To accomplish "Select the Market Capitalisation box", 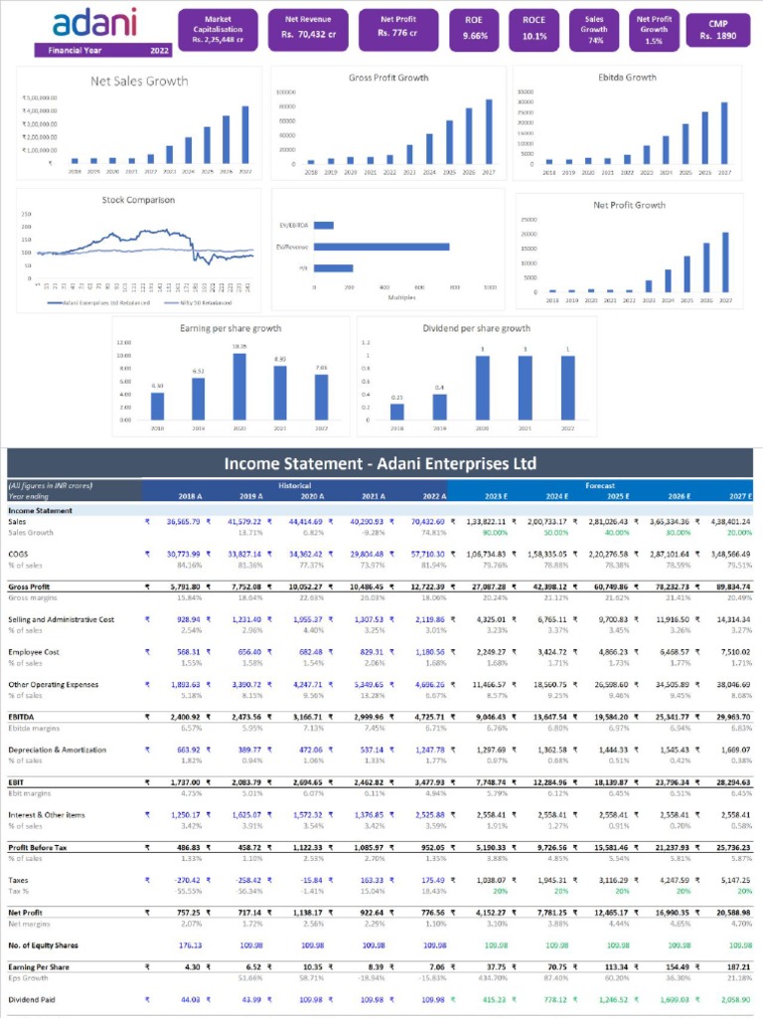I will [217, 30].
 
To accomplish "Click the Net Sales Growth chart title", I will [139, 82].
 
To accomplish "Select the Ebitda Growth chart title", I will [627, 77].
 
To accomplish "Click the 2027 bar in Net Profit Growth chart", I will [725, 261].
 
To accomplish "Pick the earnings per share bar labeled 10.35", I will [239, 386].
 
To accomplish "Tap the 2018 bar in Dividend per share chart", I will [397, 411].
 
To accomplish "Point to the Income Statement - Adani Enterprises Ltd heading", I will [381, 463].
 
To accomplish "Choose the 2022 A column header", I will [435, 495].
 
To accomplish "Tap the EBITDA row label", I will [23, 717].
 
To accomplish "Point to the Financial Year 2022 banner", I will [102, 50].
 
